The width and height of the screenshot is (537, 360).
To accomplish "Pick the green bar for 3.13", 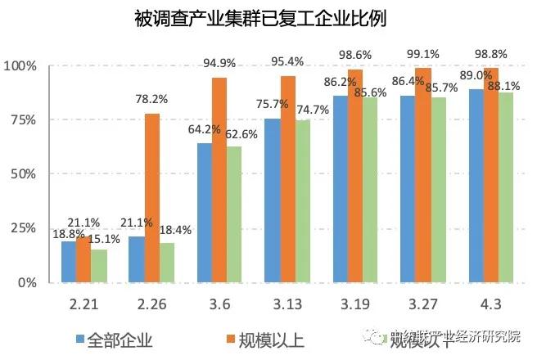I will click(303, 201).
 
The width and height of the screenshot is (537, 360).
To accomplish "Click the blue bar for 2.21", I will click(68, 262).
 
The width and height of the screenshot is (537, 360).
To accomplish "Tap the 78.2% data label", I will click(152, 99).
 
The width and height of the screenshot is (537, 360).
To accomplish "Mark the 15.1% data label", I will click(105, 240).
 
